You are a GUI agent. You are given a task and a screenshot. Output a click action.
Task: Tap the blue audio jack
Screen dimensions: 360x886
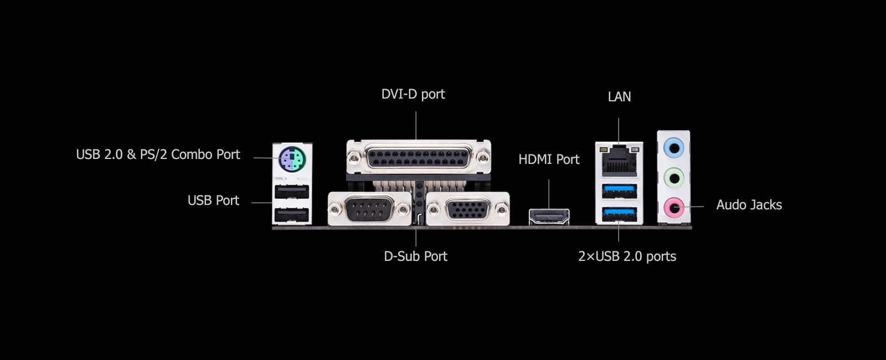(x=673, y=148)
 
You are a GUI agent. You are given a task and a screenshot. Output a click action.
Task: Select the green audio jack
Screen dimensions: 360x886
(x=673, y=178)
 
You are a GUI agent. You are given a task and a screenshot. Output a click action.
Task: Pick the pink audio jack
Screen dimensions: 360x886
(x=673, y=208)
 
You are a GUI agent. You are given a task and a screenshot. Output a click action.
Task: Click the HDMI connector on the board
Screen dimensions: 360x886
(x=549, y=217)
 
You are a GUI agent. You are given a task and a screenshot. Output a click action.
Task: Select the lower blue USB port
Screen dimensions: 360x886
(x=619, y=213)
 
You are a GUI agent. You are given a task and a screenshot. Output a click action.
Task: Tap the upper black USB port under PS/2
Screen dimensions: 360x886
(x=292, y=192)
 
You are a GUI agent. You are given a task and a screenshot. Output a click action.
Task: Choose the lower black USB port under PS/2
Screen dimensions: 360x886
(x=292, y=215)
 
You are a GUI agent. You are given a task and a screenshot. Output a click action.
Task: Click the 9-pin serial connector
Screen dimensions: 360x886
(x=369, y=209)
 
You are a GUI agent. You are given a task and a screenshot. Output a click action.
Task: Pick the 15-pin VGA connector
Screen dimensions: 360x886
(x=468, y=209)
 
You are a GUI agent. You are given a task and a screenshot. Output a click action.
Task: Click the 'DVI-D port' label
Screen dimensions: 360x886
(x=413, y=94)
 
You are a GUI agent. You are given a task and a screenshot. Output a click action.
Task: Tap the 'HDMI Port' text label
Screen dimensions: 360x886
(x=549, y=160)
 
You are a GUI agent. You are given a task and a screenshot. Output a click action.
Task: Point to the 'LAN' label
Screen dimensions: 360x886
(x=619, y=97)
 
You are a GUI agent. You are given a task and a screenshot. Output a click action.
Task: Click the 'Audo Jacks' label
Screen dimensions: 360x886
(x=749, y=205)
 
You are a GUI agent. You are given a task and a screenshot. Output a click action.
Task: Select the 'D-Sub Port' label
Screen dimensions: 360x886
(x=415, y=256)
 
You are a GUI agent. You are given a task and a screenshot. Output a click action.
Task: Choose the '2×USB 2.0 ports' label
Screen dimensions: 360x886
(x=627, y=256)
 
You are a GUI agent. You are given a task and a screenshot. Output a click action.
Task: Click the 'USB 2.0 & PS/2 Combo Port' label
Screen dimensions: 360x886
(x=158, y=155)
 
